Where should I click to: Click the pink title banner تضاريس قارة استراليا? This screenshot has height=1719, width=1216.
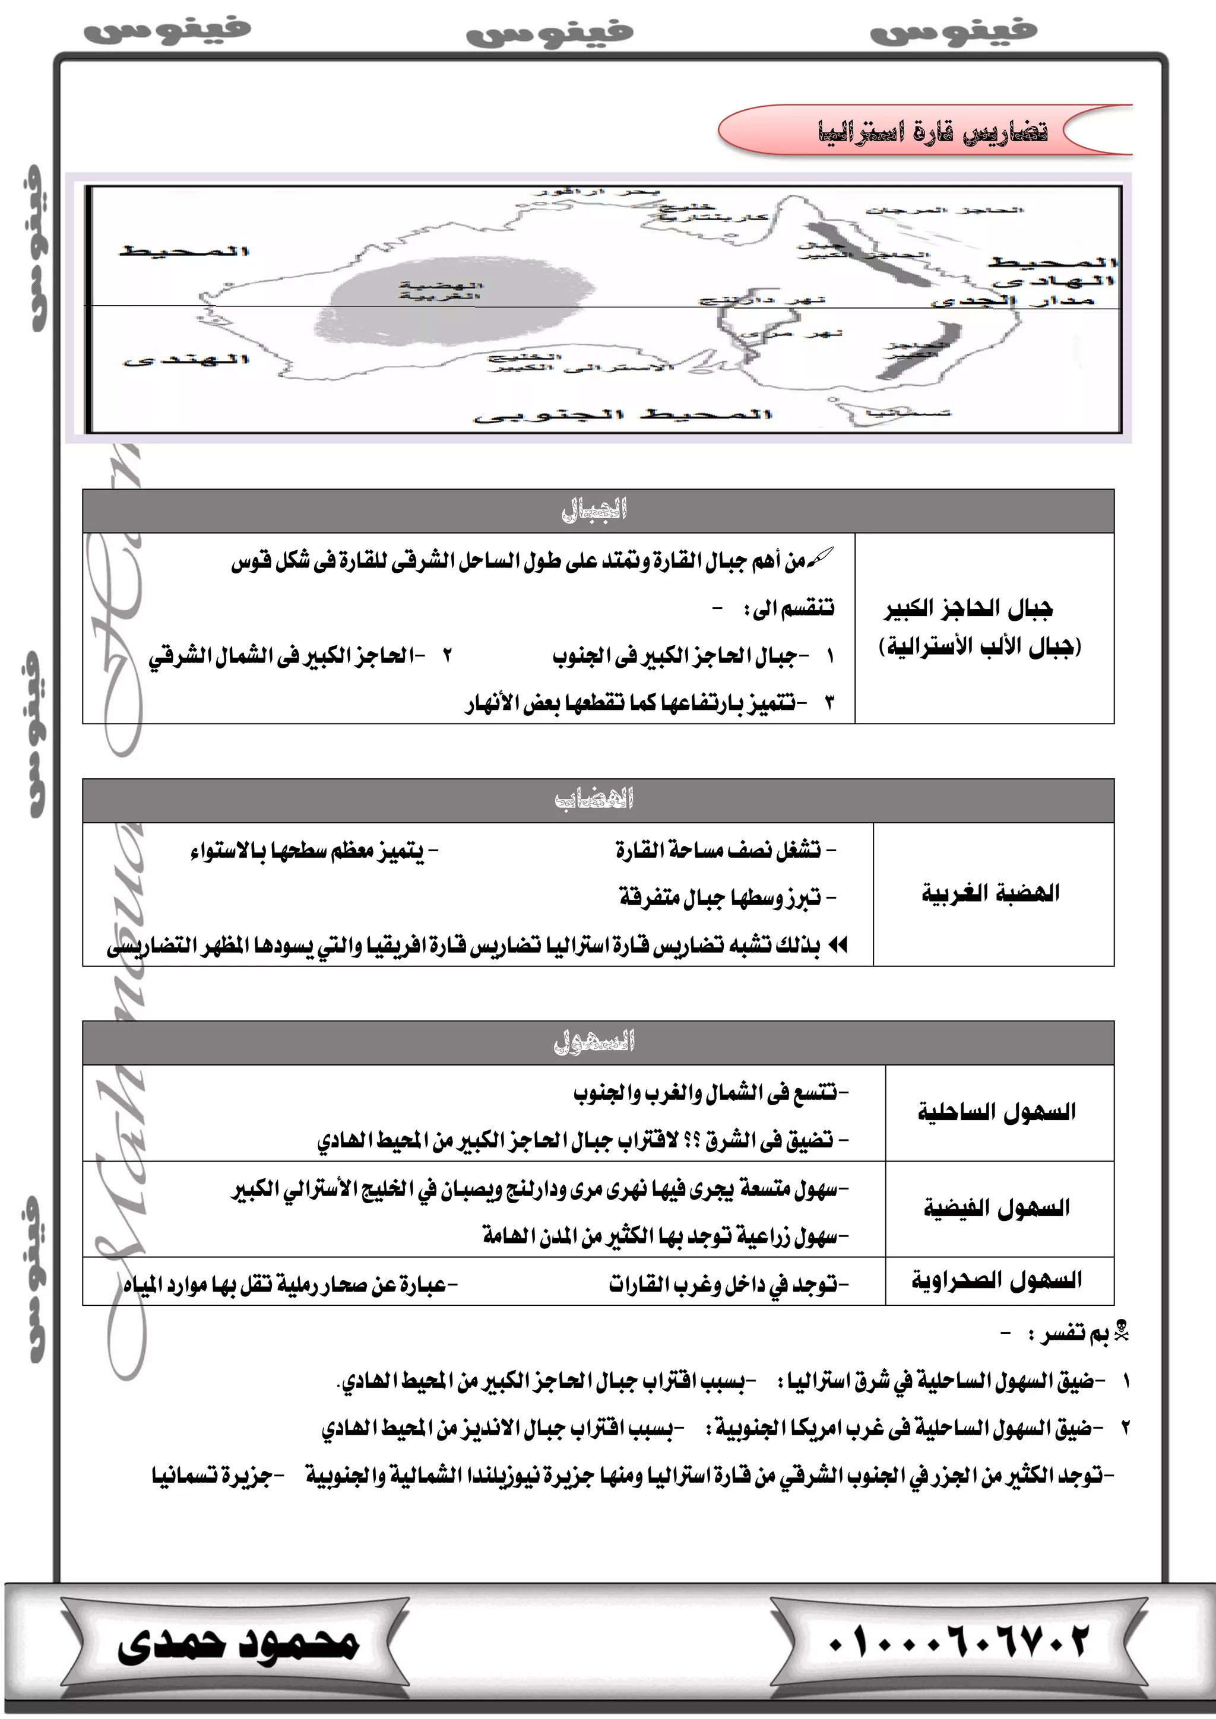pyautogui.click(x=929, y=131)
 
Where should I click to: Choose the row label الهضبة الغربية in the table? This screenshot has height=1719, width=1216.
pyautogui.click(x=990, y=893)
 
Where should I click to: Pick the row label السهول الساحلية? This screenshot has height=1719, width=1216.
pyautogui.click(x=997, y=1112)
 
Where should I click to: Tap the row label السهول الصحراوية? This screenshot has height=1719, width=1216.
pyautogui.click(x=997, y=1280)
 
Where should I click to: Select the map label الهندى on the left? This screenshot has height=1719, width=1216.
pyautogui.click(x=186, y=361)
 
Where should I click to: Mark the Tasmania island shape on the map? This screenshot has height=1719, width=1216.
pyautogui.click(x=861, y=413)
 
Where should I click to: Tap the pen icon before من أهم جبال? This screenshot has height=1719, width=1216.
pyautogui.click(x=821, y=559)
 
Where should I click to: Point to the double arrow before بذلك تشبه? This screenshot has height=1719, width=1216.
pyautogui.click(x=838, y=945)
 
